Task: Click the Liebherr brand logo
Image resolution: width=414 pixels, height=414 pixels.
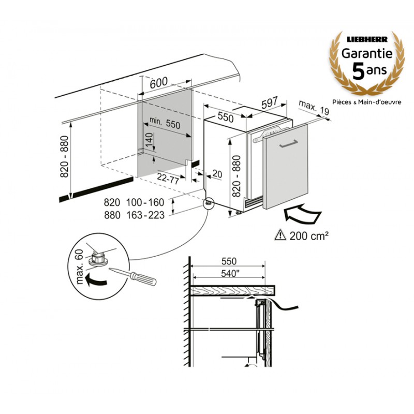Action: pos(367,39)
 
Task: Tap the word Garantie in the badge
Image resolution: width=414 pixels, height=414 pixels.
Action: pos(367,53)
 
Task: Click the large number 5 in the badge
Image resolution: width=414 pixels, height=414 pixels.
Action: pos(359,71)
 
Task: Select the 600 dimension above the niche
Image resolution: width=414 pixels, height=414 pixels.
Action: pos(159,83)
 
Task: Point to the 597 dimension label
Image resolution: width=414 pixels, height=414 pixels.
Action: pos(270,102)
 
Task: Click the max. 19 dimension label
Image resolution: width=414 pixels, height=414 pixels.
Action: pos(314,108)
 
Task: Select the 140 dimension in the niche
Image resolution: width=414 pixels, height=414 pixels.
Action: pos(149,140)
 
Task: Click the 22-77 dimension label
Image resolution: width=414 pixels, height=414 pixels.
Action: pos(168,179)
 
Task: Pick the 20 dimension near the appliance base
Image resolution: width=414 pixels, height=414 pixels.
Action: pos(217,174)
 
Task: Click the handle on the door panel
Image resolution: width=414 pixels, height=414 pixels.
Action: pos(288,144)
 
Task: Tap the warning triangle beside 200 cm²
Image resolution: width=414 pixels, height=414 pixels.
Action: pos(280,235)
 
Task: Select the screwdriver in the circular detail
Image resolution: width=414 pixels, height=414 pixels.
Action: pos(133,276)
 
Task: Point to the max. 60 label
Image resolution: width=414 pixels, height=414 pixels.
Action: pos(80,267)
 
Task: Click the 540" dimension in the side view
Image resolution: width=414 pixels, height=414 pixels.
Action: pos(229,274)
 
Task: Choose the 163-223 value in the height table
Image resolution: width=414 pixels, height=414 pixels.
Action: pos(145,215)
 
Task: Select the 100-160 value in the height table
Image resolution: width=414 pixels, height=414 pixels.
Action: pos(145,202)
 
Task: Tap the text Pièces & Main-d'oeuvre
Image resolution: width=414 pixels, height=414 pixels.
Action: pos(367,102)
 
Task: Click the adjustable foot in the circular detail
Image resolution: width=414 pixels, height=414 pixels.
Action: pos(98,258)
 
